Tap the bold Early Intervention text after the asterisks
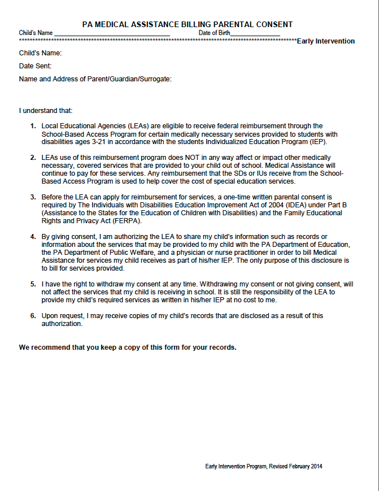coord(326,41)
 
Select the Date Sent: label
coord(36,66)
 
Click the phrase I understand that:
coord(46,110)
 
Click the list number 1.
coord(33,126)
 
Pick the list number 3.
coord(33,197)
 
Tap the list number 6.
coord(33,315)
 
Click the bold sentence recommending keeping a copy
coord(128,347)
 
